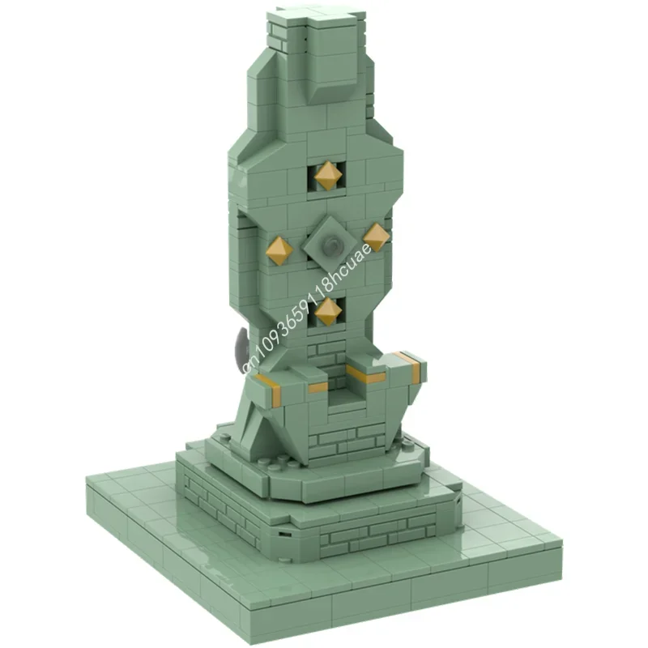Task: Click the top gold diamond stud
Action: point(326,175)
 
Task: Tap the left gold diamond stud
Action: point(279,251)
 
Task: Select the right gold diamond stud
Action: point(377,236)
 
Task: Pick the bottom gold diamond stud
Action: point(326,311)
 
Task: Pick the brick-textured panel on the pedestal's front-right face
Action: point(381,535)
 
